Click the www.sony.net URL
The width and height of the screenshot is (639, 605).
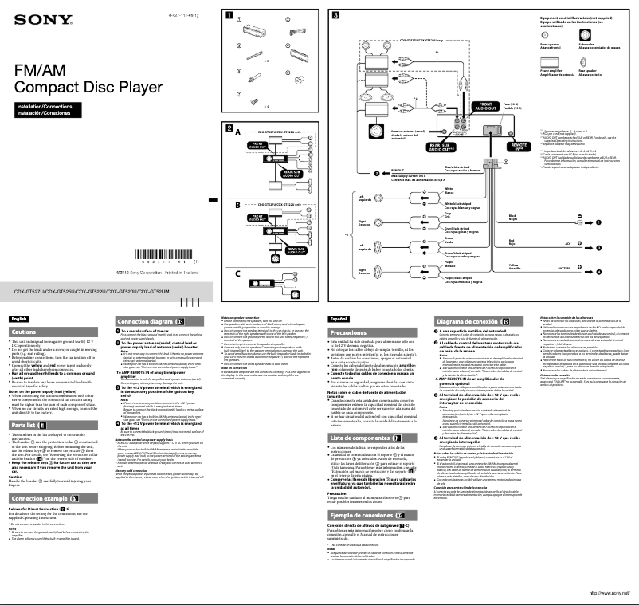click(x=609, y=593)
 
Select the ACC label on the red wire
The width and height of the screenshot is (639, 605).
click(x=568, y=244)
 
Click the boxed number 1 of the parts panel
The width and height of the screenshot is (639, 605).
click(x=229, y=15)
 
